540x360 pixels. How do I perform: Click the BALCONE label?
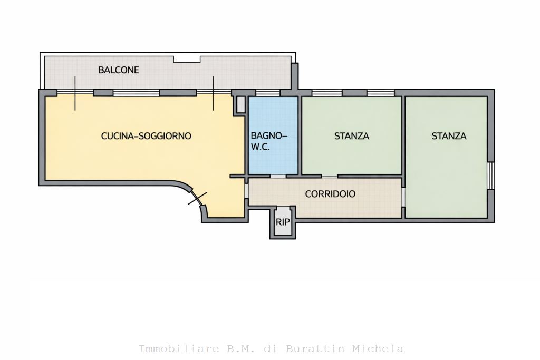pos(119,70)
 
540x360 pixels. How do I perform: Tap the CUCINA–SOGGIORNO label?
pos(146,136)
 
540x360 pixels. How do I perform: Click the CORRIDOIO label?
pos(330,194)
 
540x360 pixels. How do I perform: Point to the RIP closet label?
pos(283,222)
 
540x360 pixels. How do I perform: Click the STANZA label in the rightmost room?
pos(449,136)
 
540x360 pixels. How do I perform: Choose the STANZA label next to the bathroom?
pos(352,136)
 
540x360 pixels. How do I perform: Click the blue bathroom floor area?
pos(273,135)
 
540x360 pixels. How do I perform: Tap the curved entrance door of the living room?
pos(197,198)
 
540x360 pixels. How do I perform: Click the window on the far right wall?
pos(491,176)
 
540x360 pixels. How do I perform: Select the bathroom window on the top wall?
pos(267,93)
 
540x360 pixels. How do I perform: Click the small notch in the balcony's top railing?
pos(187,60)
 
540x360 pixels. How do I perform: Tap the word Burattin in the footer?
pos(315,348)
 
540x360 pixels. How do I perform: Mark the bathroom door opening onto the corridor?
pos(278,176)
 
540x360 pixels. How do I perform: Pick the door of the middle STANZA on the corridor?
pos(330,176)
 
